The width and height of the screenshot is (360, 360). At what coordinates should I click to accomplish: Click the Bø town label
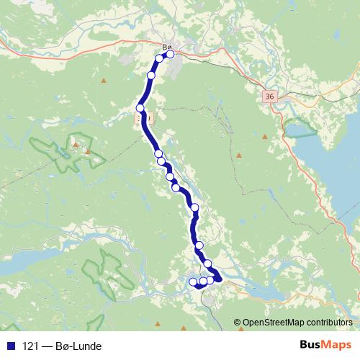coord(168,48)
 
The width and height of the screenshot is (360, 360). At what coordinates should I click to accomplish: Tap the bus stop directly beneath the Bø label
coord(170,54)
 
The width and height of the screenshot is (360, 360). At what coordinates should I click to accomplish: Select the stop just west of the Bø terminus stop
coord(160,58)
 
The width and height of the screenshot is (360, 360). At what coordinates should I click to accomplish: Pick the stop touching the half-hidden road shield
coord(140,108)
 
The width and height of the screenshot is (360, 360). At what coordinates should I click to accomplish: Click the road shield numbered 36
coord(269,96)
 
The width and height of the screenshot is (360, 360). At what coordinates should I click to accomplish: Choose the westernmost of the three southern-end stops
coord(193,282)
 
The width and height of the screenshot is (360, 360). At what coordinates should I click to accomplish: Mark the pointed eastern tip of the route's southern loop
coord(220,279)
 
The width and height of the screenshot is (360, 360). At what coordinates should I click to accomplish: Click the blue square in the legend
coord(11,346)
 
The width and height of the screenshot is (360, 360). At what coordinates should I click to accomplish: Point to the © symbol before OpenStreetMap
coord(238,322)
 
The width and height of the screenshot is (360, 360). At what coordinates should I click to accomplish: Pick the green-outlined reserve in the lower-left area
coord(108,274)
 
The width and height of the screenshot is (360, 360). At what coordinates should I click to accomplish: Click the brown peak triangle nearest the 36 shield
coord(266,135)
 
